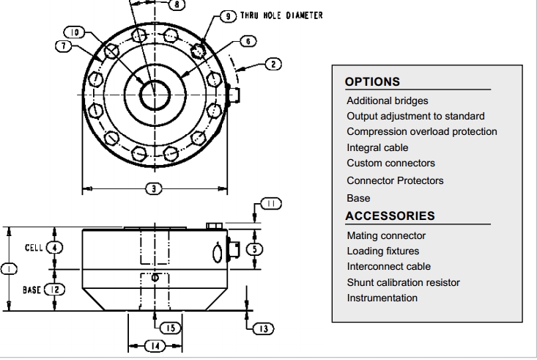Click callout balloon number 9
[x=228, y=16]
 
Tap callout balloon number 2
[x=273, y=65]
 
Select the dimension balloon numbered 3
[x=154, y=188]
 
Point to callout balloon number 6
[x=248, y=42]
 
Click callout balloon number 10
[x=74, y=32]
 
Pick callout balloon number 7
[x=64, y=46]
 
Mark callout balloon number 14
[x=155, y=345]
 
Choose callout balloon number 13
[x=263, y=328]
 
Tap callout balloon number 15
[x=171, y=328]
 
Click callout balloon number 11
[x=271, y=204]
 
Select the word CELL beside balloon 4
[x=34, y=248]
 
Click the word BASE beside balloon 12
[x=32, y=290]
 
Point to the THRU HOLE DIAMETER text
[x=281, y=15]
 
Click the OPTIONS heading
[x=372, y=81]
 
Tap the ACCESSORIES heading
[x=390, y=216]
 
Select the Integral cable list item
[x=377, y=147]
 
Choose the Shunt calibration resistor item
[x=403, y=282]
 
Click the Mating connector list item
[x=386, y=235]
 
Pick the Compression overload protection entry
[x=421, y=131]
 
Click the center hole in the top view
[x=155, y=95]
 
